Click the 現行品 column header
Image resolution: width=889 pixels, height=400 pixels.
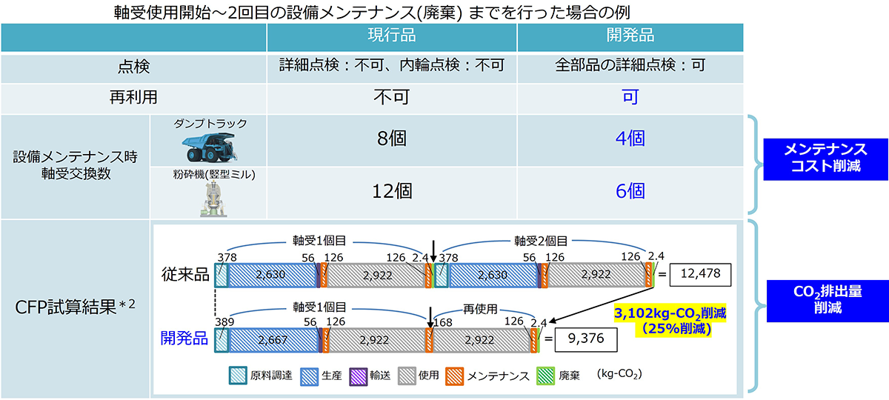pos(391,36)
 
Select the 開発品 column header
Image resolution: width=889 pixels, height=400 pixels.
pos(630,36)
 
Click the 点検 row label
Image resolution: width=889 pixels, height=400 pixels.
pos(133,66)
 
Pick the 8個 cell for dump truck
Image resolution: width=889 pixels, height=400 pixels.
pos(391,139)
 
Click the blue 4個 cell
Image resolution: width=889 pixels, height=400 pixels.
pos(630,139)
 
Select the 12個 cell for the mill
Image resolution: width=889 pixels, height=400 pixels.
pos(391,191)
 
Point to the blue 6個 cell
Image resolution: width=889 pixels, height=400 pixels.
pos(630,191)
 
